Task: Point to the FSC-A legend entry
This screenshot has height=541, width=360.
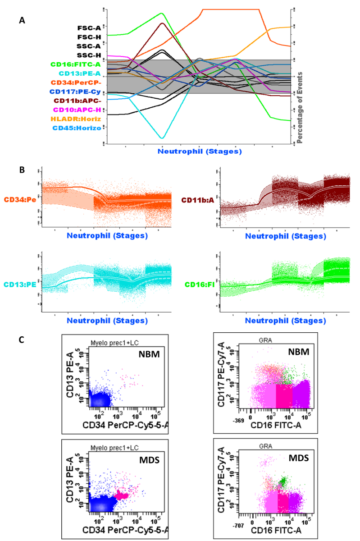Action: click(89, 28)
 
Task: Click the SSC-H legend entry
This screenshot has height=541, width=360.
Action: click(89, 55)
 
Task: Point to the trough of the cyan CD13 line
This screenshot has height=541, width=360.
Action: click(162, 138)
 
